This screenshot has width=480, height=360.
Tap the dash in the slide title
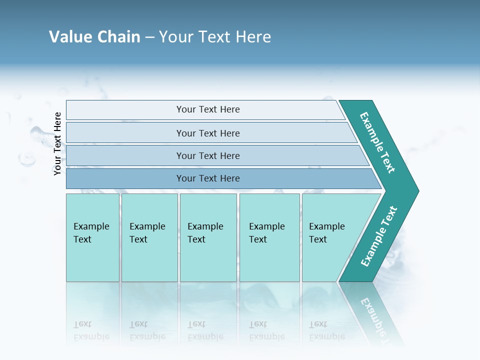click(x=150, y=37)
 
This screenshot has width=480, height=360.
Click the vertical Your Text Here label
click(x=57, y=143)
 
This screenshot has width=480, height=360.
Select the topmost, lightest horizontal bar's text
click(x=208, y=109)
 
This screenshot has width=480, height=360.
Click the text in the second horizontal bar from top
click(x=208, y=133)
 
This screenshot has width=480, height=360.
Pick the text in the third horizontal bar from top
click(x=208, y=155)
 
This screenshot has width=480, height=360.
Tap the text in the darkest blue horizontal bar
click(x=208, y=178)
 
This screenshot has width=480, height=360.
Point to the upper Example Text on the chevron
click(x=377, y=142)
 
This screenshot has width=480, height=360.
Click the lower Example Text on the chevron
click(x=378, y=236)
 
